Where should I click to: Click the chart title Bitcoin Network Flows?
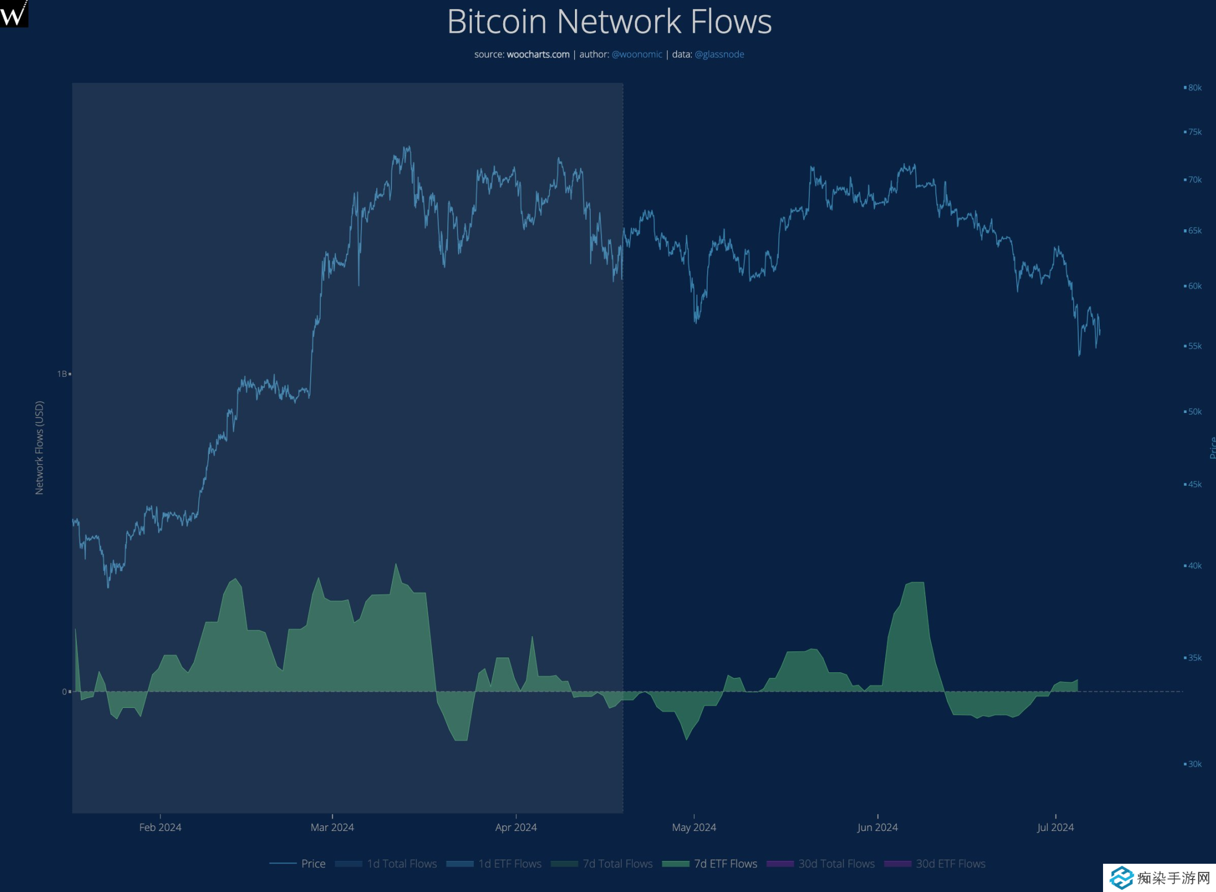tap(609, 21)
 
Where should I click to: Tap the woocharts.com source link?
tap(538, 54)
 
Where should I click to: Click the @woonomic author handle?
tap(637, 54)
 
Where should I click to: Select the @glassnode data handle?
tap(719, 54)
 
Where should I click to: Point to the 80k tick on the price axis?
tap(1195, 88)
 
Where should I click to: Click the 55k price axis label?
tap(1195, 346)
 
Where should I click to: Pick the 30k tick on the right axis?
tap(1195, 764)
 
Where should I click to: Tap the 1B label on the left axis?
tap(62, 374)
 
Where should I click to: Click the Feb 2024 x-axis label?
tap(160, 827)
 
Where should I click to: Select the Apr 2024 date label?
tap(516, 827)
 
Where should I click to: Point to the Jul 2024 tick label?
tap(1055, 827)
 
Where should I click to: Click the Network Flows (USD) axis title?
tap(39, 447)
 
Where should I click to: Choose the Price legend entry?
tap(313, 863)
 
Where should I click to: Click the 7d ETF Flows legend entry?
tap(725, 863)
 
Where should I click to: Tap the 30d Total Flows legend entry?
tap(836, 863)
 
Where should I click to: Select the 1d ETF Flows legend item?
tap(509, 863)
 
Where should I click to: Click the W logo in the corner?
tap(14, 13)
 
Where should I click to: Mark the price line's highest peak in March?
tap(407, 147)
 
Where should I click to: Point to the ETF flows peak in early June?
tap(915, 582)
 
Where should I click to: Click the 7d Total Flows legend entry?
tap(617, 863)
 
